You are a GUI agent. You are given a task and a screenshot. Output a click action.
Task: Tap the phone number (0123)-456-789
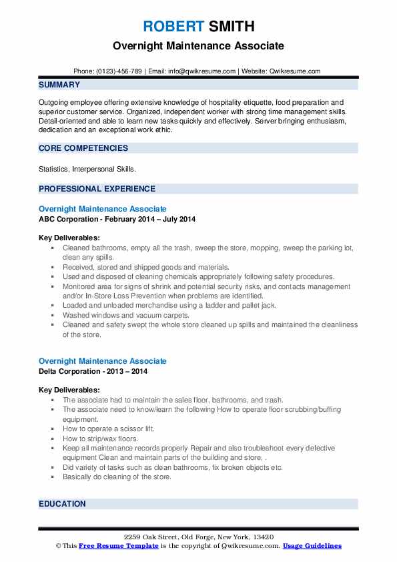coord(119,71)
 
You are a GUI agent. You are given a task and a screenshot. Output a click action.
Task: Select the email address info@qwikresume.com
coord(202,71)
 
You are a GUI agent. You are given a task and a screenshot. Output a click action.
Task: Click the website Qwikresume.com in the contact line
coord(296,71)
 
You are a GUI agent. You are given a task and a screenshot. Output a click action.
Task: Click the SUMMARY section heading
coord(59,85)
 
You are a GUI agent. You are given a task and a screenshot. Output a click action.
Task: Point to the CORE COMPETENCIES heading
coord(83,148)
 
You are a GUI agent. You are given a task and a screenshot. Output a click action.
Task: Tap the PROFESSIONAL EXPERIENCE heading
coord(97,189)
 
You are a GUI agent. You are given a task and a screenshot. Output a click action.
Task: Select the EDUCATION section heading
coord(62,504)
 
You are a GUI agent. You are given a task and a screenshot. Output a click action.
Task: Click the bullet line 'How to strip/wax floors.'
coord(100,439)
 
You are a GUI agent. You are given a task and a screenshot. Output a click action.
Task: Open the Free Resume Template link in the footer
coord(119,546)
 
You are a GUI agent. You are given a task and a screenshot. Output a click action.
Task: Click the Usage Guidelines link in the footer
coord(312,546)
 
